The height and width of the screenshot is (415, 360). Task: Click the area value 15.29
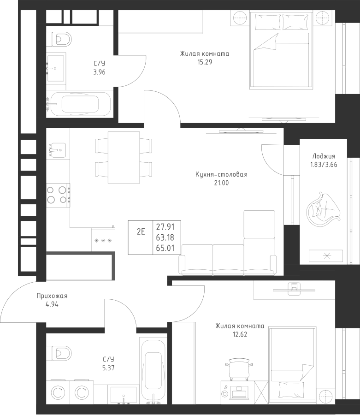click(x=204, y=62)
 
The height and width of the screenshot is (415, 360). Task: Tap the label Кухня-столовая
click(x=221, y=175)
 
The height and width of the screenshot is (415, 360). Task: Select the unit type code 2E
click(x=141, y=232)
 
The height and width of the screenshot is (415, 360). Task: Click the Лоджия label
click(x=324, y=156)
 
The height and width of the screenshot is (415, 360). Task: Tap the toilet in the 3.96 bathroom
click(x=60, y=38)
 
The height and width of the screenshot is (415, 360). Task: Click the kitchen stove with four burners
click(x=58, y=194)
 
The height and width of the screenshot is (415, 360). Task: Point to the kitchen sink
click(x=57, y=149)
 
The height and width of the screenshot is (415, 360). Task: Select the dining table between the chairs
click(x=124, y=157)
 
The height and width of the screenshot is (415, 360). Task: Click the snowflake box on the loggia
click(x=326, y=255)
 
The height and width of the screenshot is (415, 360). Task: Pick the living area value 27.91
click(x=165, y=226)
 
